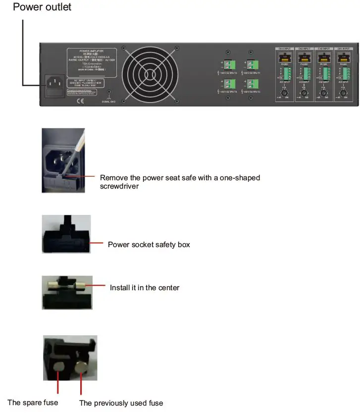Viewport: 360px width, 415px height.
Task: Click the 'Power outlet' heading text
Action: point(42,7)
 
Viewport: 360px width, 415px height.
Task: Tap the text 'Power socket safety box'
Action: point(149,245)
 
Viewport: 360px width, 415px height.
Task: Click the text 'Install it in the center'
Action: point(144,288)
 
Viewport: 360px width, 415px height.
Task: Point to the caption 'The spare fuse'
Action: point(33,403)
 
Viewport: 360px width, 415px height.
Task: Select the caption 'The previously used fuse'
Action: point(121,403)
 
